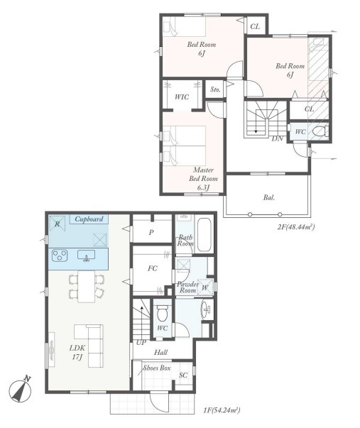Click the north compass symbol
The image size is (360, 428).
click(x=20, y=390)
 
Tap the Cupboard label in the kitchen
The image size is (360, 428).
click(x=89, y=219)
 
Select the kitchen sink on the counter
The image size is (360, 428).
click(x=87, y=256)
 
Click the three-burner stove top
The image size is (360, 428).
click(x=60, y=256)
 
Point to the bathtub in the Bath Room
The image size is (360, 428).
click(x=204, y=234)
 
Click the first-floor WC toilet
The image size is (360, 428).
click(x=163, y=313)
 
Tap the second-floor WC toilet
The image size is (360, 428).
click(x=320, y=131)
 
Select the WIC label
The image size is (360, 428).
click(x=182, y=97)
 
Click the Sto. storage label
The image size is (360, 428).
click(x=215, y=89)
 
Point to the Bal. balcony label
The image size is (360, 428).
click(x=269, y=197)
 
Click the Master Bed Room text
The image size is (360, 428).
click(x=204, y=174)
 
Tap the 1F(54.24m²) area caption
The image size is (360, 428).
click(x=222, y=410)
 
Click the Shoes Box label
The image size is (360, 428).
click(x=157, y=368)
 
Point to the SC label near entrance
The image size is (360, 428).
click(x=183, y=375)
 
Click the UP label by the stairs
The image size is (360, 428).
click(x=141, y=342)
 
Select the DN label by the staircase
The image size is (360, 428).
click(x=277, y=138)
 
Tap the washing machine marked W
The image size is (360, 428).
click(x=205, y=287)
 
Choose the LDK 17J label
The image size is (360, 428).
click(x=77, y=352)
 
